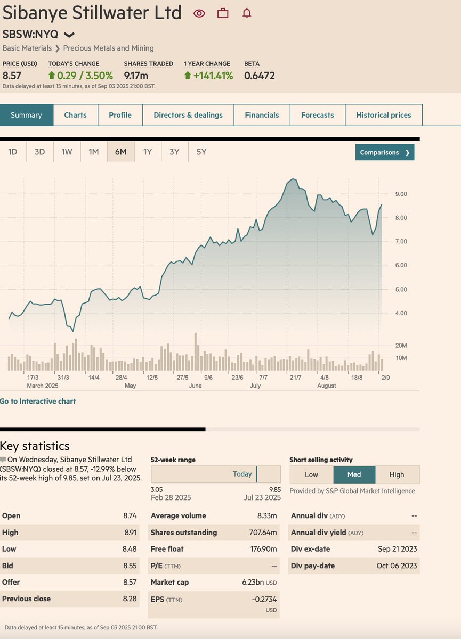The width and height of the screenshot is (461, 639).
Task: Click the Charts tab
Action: (x=75, y=115)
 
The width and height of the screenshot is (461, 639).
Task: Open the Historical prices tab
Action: (x=383, y=115)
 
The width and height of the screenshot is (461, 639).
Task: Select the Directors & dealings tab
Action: (x=188, y=115)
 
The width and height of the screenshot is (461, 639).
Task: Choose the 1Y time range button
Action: (x=148, y=152)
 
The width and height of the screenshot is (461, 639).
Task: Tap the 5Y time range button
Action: (x=201, y=152)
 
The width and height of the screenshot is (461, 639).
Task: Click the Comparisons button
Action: (x=384, y=152)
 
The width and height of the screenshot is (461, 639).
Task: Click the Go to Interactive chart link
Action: (x=38, y=401)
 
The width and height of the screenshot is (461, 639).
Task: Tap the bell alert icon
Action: (x=246, y=13)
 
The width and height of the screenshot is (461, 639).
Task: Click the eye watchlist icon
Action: (x=199, y=13)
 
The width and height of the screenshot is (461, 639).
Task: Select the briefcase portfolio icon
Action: (x=223, y=13)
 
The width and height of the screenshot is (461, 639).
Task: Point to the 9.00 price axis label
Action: (x=401, y=194)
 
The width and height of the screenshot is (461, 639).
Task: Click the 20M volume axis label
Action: (x=401, y=346)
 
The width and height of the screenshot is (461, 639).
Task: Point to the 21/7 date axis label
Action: (x=295, y=378)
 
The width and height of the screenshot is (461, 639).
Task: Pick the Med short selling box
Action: (x=354, y=474)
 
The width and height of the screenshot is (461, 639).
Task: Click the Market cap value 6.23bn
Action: (x=254, y=582)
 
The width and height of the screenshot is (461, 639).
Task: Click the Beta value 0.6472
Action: (x=260, y=76)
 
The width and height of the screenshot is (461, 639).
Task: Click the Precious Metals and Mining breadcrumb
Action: (x=108, y=48)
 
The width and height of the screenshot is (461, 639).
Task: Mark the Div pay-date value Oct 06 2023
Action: (x=397, y=566)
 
